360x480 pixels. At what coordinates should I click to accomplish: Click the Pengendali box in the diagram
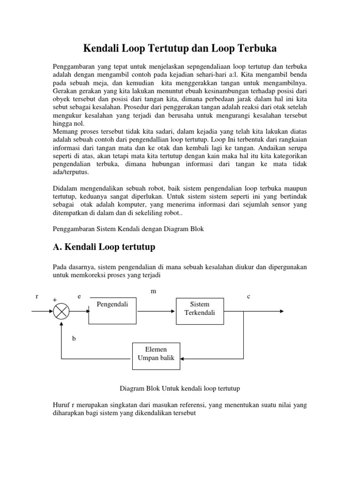(112, 311)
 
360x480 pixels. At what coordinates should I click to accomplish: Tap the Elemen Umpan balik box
(156, 354)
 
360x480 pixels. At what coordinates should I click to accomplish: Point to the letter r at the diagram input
(37, 296)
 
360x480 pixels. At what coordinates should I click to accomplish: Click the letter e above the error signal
(79, 296)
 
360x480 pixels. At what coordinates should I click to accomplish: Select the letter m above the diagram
(153, 291)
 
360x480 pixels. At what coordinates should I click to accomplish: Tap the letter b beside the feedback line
(74, 338)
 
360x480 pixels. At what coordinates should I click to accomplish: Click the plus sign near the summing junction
(54, 300)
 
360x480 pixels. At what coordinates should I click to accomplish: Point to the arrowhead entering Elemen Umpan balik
(183, 359)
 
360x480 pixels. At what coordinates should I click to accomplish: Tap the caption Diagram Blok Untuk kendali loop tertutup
(180, 389)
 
